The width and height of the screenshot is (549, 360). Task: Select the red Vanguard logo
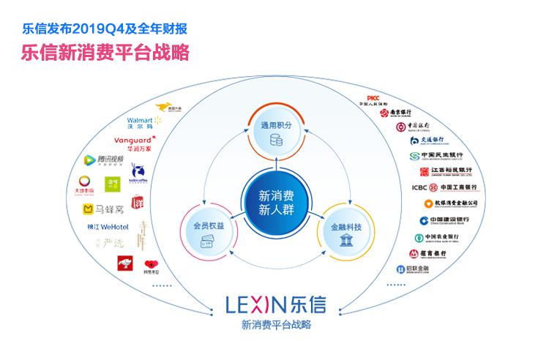[135, 142]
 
